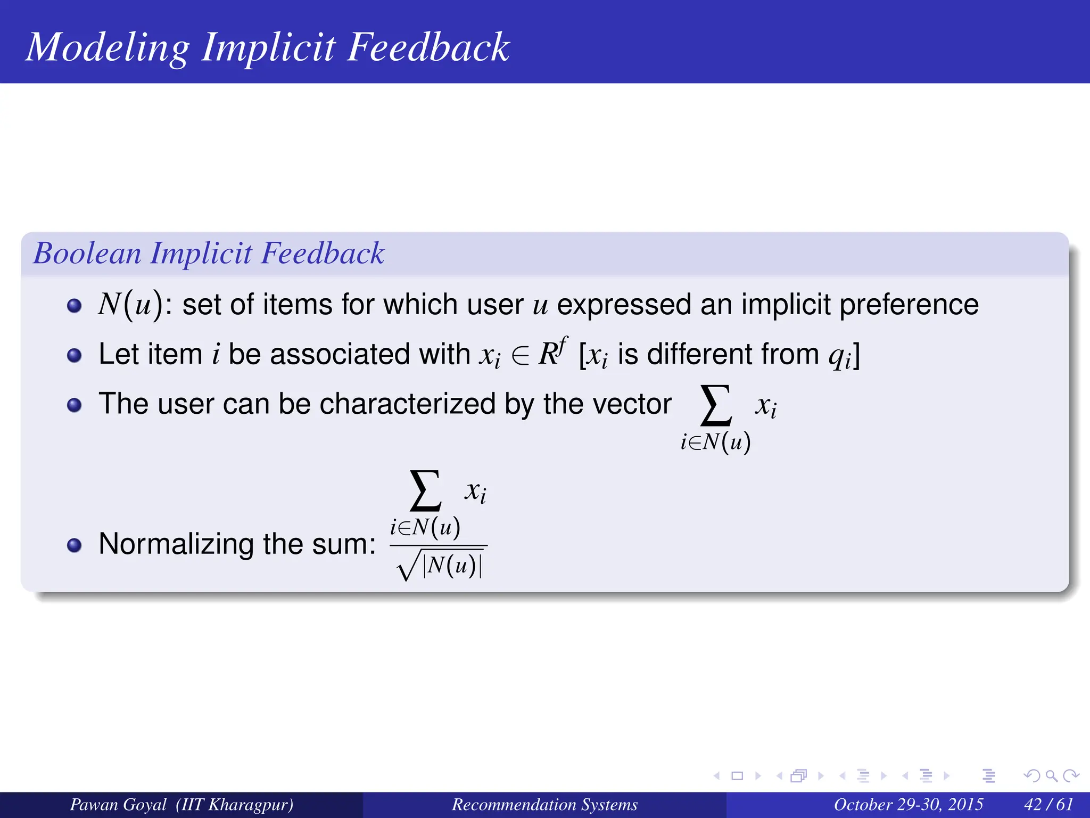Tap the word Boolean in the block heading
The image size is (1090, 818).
pos(87,253)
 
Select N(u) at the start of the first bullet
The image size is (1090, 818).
pos(130,305)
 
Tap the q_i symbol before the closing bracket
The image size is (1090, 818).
pos(839,356)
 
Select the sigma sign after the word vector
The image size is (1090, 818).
pos(716,406)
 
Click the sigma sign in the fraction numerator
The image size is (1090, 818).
pos(425,490)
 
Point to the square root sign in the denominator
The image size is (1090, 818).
pos(408,569)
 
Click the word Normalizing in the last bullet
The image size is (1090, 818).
pos(176,544)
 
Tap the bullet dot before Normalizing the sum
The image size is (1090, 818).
pos(75,545)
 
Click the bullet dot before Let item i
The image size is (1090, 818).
pos(75,355)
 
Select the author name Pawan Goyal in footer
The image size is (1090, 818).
pos(118,804)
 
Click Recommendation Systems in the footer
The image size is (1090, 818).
pos(544,804)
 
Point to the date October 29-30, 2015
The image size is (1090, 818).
pos(908,804)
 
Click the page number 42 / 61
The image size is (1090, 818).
pos(1048,804)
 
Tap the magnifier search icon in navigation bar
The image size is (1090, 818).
pos(1051,776)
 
